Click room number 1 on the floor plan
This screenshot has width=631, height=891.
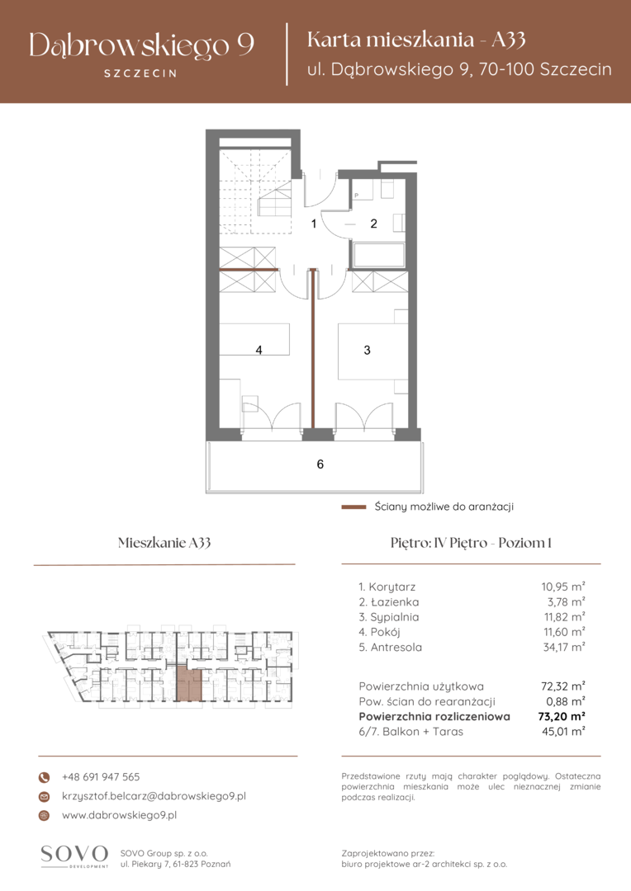pos(314,224)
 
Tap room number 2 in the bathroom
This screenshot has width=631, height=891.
pos(374,224)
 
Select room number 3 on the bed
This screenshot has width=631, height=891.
pos(367,350)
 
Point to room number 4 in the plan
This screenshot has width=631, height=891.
pos(259,350)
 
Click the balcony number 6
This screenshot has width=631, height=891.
pos(320,464)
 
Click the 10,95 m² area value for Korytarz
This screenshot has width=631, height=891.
pos(562,587)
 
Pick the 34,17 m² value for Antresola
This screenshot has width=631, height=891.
pos(563,648)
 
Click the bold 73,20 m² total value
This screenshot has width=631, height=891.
pos(562,717)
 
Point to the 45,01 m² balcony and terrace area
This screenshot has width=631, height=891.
pos(563,732)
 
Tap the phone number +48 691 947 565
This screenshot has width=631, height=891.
pos(101,777)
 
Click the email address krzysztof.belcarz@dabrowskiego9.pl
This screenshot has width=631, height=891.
pos(154,796)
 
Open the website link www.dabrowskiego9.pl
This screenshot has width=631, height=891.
pos(120,815)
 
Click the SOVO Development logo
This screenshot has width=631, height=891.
pos(74,856)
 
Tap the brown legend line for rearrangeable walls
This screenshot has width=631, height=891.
pos(353,507)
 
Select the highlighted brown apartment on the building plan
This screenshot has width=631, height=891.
pos(189,685)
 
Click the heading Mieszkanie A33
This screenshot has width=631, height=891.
pos(164,543)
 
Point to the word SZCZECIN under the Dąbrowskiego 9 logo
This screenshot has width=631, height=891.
pos(140,73)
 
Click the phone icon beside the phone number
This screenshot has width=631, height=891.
pos(44,777)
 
